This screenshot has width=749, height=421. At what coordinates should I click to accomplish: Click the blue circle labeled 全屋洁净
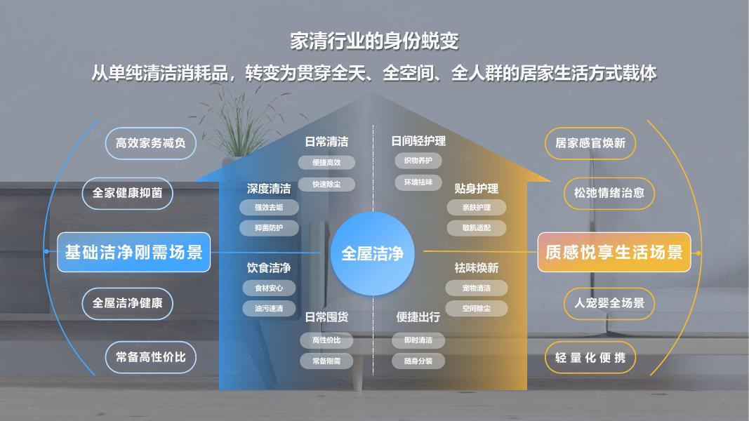[x=373, y=253]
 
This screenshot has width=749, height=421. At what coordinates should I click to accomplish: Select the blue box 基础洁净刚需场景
[x=134, y=252]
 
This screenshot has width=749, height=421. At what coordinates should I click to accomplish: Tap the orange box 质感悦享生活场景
[x=614, y=252]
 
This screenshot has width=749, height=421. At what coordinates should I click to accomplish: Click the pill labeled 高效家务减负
[x=150, y=143]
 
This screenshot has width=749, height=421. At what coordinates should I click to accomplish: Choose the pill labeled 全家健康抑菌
[x=128, y=194]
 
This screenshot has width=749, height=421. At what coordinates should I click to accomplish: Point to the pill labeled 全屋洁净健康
[x=128, y=303]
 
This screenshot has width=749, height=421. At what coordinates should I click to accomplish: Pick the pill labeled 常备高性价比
[x=150, y=357]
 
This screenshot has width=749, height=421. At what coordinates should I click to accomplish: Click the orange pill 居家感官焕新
[x=590, y=143]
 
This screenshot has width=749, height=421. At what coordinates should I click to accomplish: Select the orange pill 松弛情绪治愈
[x=609, y=194]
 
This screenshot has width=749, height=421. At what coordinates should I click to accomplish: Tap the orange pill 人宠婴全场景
[x=609, y=303]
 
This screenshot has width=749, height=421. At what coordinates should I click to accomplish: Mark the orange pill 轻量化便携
[x=590, y=357]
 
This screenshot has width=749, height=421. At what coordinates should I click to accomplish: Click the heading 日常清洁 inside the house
[x=326, y=142]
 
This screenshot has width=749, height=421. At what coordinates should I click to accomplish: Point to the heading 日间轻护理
[x=418, y=141]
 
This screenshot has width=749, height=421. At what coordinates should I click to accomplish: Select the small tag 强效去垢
[x=269, y=208]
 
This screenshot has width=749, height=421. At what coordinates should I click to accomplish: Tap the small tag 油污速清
[x=269, y=308]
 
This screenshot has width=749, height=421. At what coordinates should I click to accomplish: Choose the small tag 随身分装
[x=418, y=361]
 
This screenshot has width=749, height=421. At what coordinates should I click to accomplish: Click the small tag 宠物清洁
[x=476, y=288]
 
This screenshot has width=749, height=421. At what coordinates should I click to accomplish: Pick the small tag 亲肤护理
[x=476, y=208]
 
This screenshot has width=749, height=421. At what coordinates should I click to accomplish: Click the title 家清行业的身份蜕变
[x=375, y=41]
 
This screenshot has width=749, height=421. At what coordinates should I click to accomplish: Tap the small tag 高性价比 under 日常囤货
[x=326, y=340]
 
